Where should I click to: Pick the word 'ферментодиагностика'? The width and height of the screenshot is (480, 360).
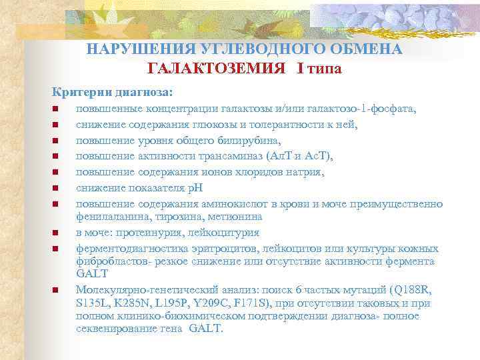127,249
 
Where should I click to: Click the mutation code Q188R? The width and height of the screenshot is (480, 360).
401,289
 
